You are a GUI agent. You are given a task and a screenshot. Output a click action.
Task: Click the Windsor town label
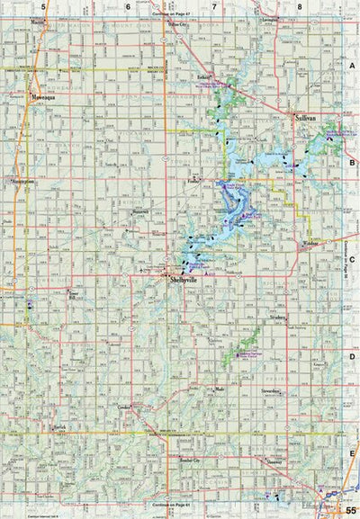pyautogui.click(x=310, y=242)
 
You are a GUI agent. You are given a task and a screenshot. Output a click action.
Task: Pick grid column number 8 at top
pyautogui.click(x=299, y=6)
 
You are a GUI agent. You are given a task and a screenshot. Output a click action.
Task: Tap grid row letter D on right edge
pyautogui.click(x=351, y=357)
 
